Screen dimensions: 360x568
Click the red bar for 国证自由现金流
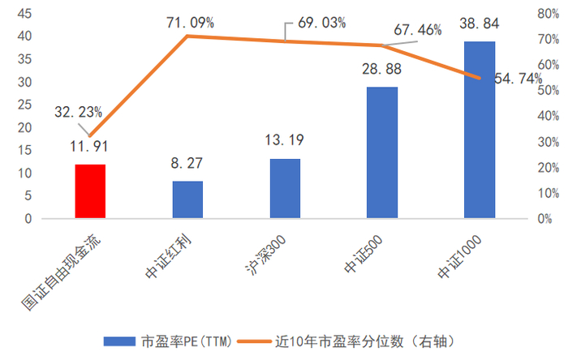90,191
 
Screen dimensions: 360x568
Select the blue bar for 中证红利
187,199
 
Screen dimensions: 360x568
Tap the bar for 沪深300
285,189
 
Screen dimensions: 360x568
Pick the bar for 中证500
382,152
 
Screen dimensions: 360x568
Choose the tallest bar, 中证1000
479,130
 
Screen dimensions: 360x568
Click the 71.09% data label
188,22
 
